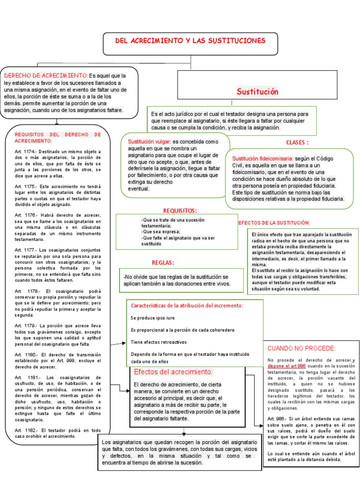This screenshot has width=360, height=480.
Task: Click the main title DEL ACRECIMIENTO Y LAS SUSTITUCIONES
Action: coord(190,41)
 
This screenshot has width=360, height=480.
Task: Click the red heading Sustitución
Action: coord(257,91)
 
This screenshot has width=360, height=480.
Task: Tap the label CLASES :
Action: coord(297,142)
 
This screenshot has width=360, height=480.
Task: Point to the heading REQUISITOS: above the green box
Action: coord(180,210)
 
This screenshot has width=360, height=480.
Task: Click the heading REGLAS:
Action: coord(163,262)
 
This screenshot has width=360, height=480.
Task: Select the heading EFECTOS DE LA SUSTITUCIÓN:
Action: coord(274,223)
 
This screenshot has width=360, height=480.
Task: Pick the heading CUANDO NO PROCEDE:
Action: coord(301,348)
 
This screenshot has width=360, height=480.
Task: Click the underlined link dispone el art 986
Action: coord(286,366)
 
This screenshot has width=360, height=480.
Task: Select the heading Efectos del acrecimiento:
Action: coord(173,372)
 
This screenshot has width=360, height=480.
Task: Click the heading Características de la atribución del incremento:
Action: coord(187,306)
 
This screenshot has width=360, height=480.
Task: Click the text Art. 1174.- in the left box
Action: coord(25,152)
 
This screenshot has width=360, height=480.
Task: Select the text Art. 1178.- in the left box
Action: coord(25,291)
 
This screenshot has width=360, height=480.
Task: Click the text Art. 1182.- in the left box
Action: coord(25,430)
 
